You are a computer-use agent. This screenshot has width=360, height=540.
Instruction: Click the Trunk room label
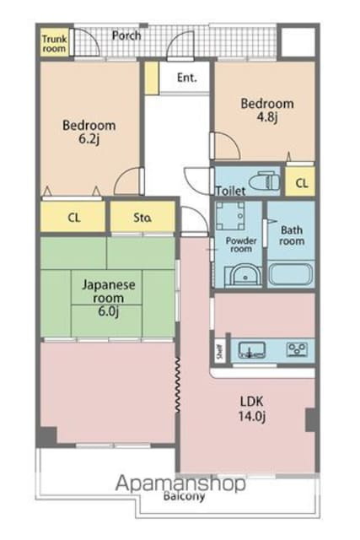tap(54, 43)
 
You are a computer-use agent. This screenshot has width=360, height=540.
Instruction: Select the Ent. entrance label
tap(186, 78)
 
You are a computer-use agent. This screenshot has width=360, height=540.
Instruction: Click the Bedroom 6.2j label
tap(89, 133)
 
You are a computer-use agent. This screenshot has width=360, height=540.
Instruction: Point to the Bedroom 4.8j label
tap(266, 111)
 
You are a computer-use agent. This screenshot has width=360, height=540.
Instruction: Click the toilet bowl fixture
tap(267, 181)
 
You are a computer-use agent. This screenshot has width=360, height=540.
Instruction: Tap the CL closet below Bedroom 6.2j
tap(73, 218)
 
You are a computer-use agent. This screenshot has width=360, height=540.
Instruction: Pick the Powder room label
tap(239, 245)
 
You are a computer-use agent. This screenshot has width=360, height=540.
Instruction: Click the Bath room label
tap(292, 235)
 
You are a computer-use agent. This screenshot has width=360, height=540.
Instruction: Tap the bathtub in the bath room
tap(291, 274)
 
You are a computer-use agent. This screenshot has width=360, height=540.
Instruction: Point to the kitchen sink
tap(250, 348)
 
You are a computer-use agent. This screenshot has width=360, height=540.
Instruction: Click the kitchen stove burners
tap(298, 348)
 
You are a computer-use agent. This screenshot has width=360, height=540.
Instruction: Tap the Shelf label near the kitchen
tap(219, 349)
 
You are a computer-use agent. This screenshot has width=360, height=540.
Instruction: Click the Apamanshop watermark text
tap(180, 483)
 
